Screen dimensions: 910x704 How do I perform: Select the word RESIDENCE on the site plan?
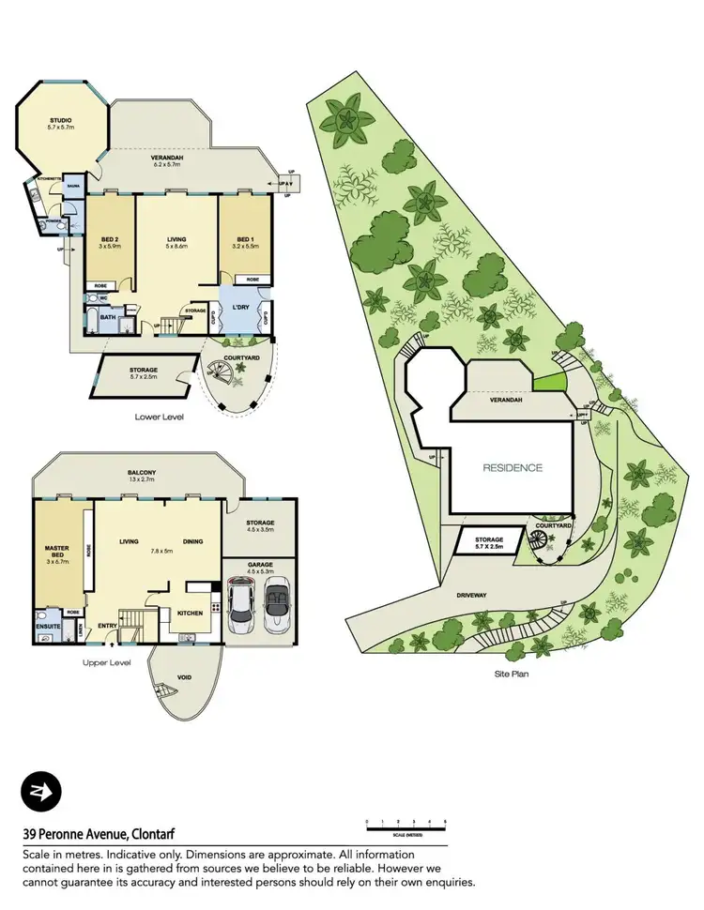pyautogui.click(x=513, y=466)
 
